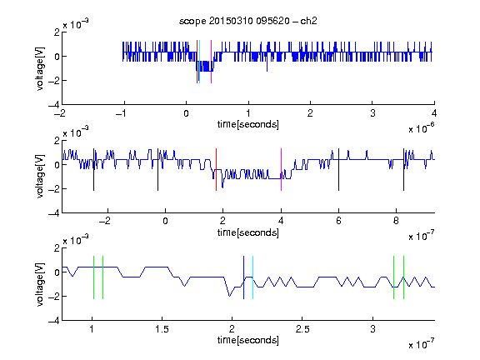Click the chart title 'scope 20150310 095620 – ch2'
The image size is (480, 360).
(248, 21)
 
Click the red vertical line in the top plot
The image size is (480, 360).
(197, 62)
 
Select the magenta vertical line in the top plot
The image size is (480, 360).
(211, 62)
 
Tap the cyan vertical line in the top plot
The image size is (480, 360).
(200, 62)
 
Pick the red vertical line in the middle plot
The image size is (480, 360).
(216, 170)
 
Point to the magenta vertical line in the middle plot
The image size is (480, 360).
(281, 170)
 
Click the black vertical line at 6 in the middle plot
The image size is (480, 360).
(338, 170)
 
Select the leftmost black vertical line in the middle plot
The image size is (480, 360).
(93, 170)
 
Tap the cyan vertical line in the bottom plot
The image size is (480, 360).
(252, 277)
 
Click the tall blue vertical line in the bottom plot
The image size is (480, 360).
(243, 277)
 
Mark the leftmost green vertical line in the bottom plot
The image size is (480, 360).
(93, 277)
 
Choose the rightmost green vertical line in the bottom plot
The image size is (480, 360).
(404, 277)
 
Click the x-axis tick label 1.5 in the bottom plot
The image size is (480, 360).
(162, 329)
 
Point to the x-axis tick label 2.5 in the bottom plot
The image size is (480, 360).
(302, 329)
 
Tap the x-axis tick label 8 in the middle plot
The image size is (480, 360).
(396, 221)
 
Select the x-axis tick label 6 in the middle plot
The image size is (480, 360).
(338, 221)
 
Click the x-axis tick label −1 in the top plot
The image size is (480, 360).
(122, 113)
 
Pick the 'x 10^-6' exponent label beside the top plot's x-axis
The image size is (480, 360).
(422, 128)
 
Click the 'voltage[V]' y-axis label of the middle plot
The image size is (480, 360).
(40, 177)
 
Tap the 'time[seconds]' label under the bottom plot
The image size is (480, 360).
(248, 340)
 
